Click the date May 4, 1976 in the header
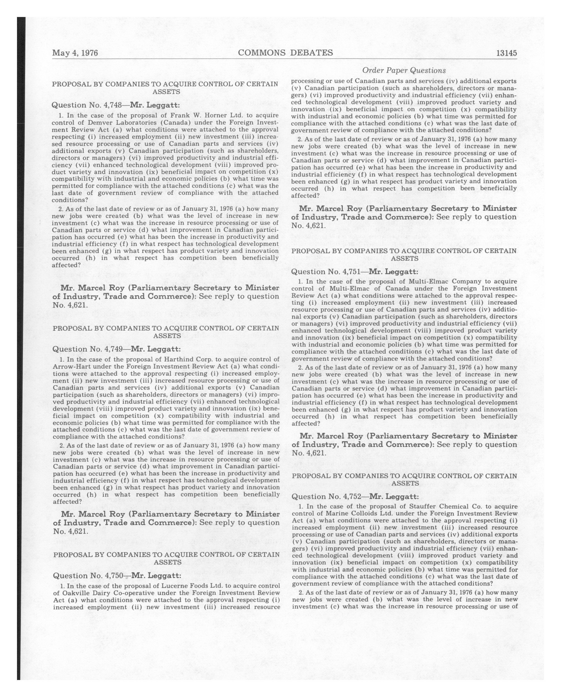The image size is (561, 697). pos(75,53)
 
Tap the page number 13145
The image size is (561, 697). pos(506,53)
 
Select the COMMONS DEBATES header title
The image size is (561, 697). pos(285,53)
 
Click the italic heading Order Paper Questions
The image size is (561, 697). pos(404,70)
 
